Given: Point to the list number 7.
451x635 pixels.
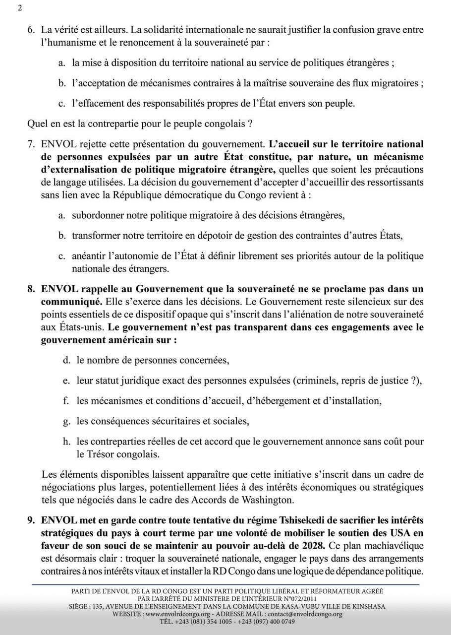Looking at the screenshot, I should coord(31,144).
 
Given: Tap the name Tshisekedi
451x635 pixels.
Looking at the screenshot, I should coord(286,520).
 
